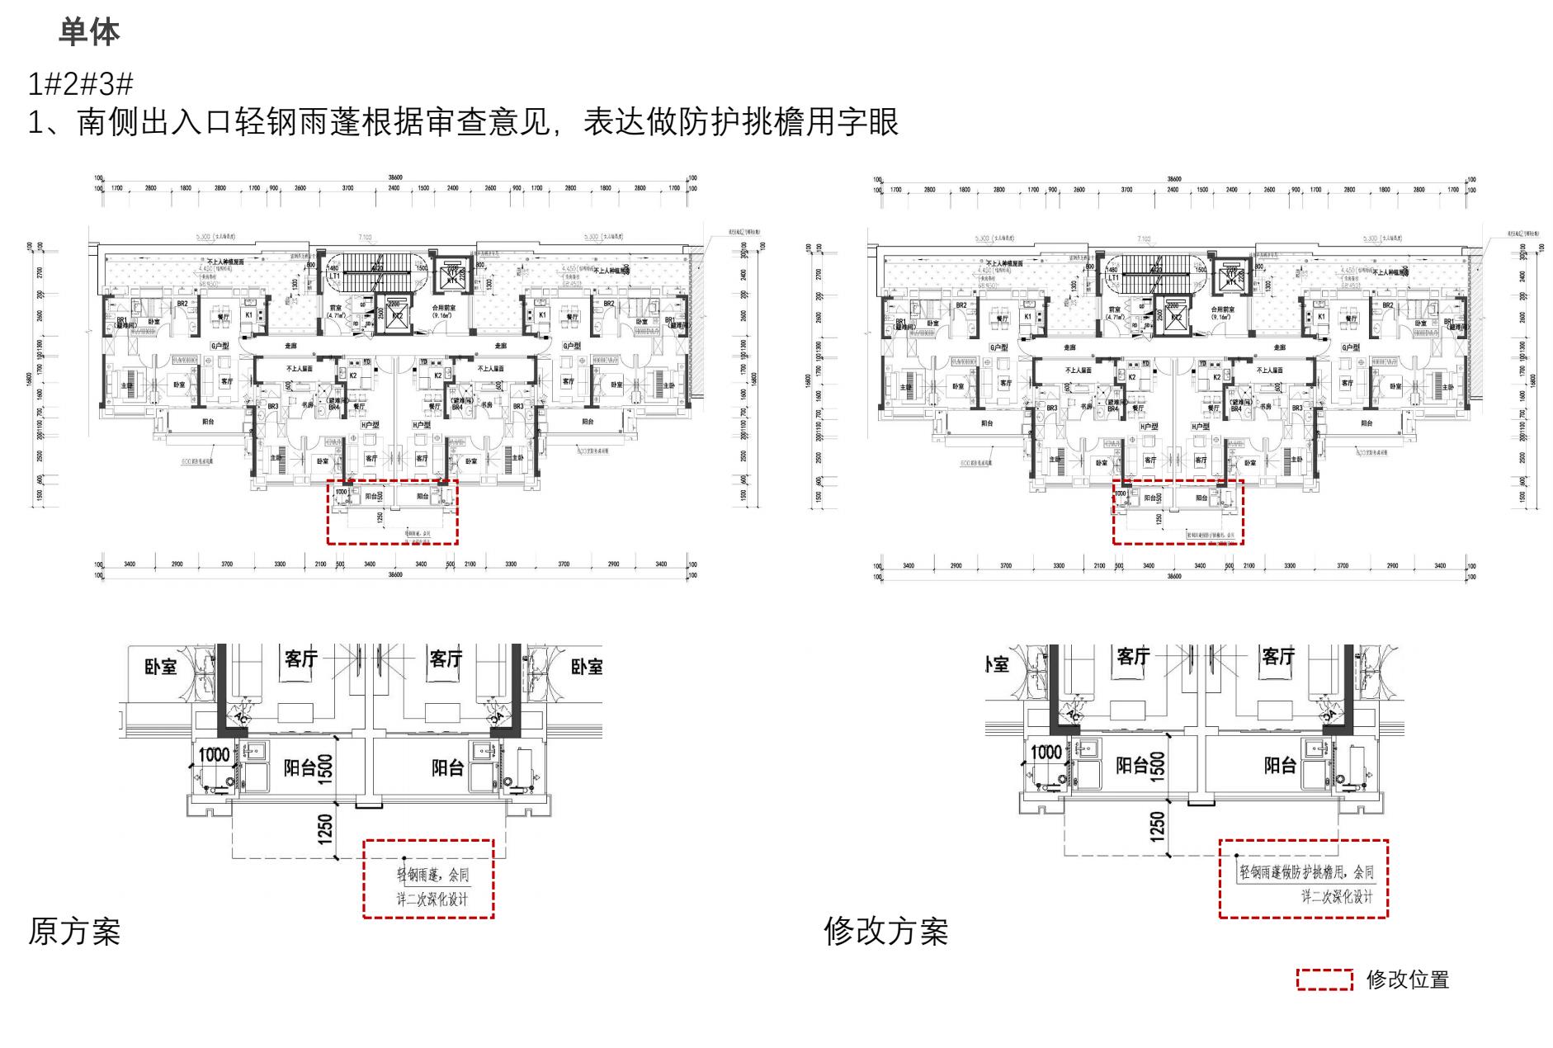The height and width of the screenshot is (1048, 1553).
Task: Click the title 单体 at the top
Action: (x=89, y=33)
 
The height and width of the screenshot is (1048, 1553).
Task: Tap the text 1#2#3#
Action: (x=80, y=84)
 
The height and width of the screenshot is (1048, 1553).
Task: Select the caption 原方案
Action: (x=74, y=932)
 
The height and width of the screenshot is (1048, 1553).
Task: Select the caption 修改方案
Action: (x=885, y=932)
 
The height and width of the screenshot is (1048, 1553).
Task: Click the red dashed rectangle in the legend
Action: (x=1324, y=980)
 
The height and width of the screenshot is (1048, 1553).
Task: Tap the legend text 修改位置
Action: (x=1408, y=980)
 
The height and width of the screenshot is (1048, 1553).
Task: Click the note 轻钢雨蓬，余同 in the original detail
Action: (x=433, y=875)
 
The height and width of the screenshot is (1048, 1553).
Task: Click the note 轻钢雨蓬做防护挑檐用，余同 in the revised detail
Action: (x=1306, y=872)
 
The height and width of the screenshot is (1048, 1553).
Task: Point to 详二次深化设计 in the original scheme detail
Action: (x=432, y=899)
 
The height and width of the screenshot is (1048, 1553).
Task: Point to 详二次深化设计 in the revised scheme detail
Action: (x=1337, y=896)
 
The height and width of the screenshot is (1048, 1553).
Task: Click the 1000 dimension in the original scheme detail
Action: (x=214, y=754)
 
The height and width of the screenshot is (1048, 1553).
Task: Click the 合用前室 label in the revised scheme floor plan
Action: (x=1224, y=308)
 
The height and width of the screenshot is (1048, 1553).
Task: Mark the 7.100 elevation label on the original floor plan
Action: (x=365, y=238)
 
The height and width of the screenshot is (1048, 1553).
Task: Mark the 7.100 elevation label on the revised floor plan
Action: (x=1144, y=239)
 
